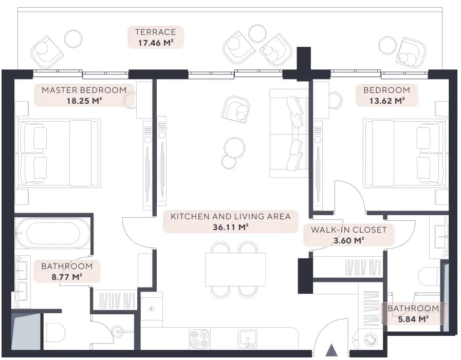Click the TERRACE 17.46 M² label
pos(156,37)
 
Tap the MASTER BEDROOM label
pos(84,90)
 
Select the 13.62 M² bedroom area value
pos(387,101)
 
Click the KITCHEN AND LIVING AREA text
pos(231,216)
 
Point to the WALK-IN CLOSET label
pos(348,230)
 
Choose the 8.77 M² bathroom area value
pos(67,277)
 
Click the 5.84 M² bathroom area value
pos(413,319)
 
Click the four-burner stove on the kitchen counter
pos(200,338)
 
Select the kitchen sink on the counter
pos(248,339)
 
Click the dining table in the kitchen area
pos(235,269)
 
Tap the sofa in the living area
pos(288,134)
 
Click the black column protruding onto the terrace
pos(304,64)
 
